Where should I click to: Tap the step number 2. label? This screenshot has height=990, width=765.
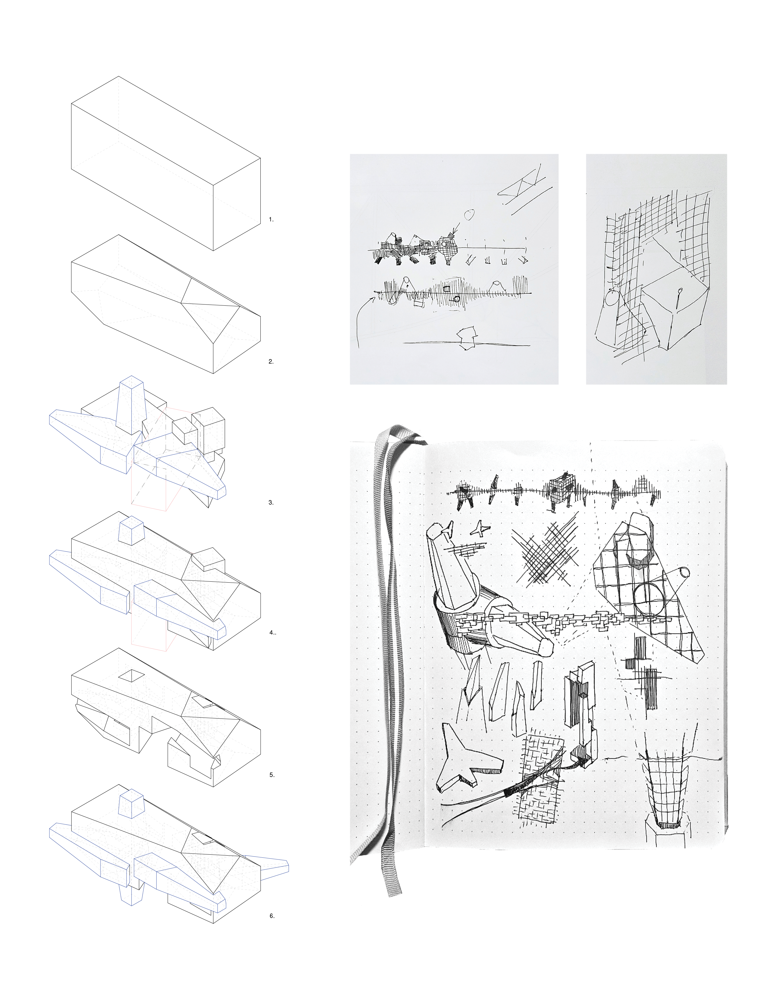point(271,362)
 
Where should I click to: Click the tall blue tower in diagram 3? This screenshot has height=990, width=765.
point(131,403)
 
